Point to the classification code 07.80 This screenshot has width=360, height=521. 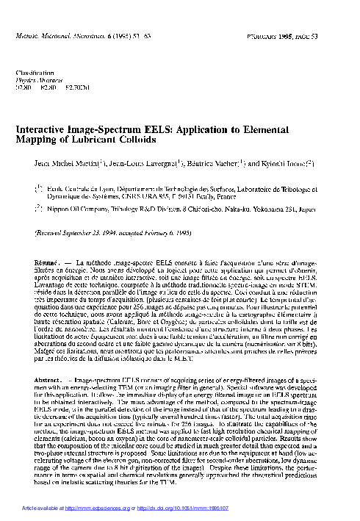pyautogui.click(x=23, y=87)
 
